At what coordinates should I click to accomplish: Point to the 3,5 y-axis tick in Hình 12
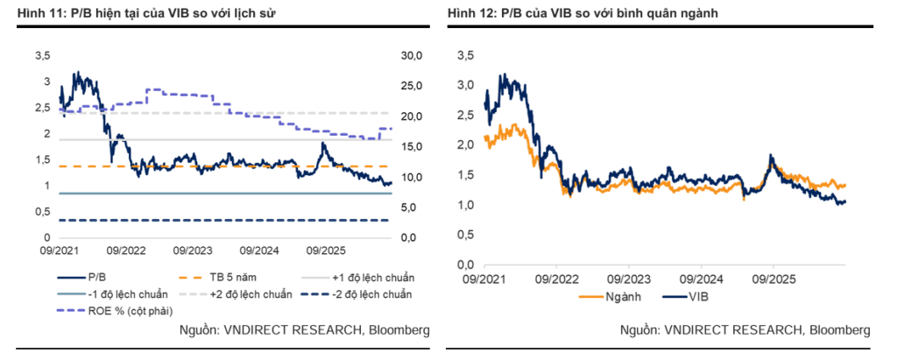pos(467,55)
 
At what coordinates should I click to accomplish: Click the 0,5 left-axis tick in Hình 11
pos(43,212)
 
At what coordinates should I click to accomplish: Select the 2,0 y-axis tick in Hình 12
pos(467,145)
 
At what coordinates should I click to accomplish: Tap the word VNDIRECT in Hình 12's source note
pos(689,329)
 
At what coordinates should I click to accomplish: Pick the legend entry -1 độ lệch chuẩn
pos(112,294)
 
